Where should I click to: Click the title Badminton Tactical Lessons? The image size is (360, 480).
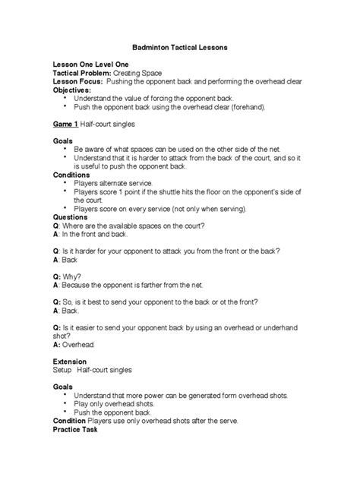[x=180, y=48]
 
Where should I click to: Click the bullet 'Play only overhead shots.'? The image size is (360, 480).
[x=117, y=404]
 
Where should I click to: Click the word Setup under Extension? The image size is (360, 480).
[x=60, y=370]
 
